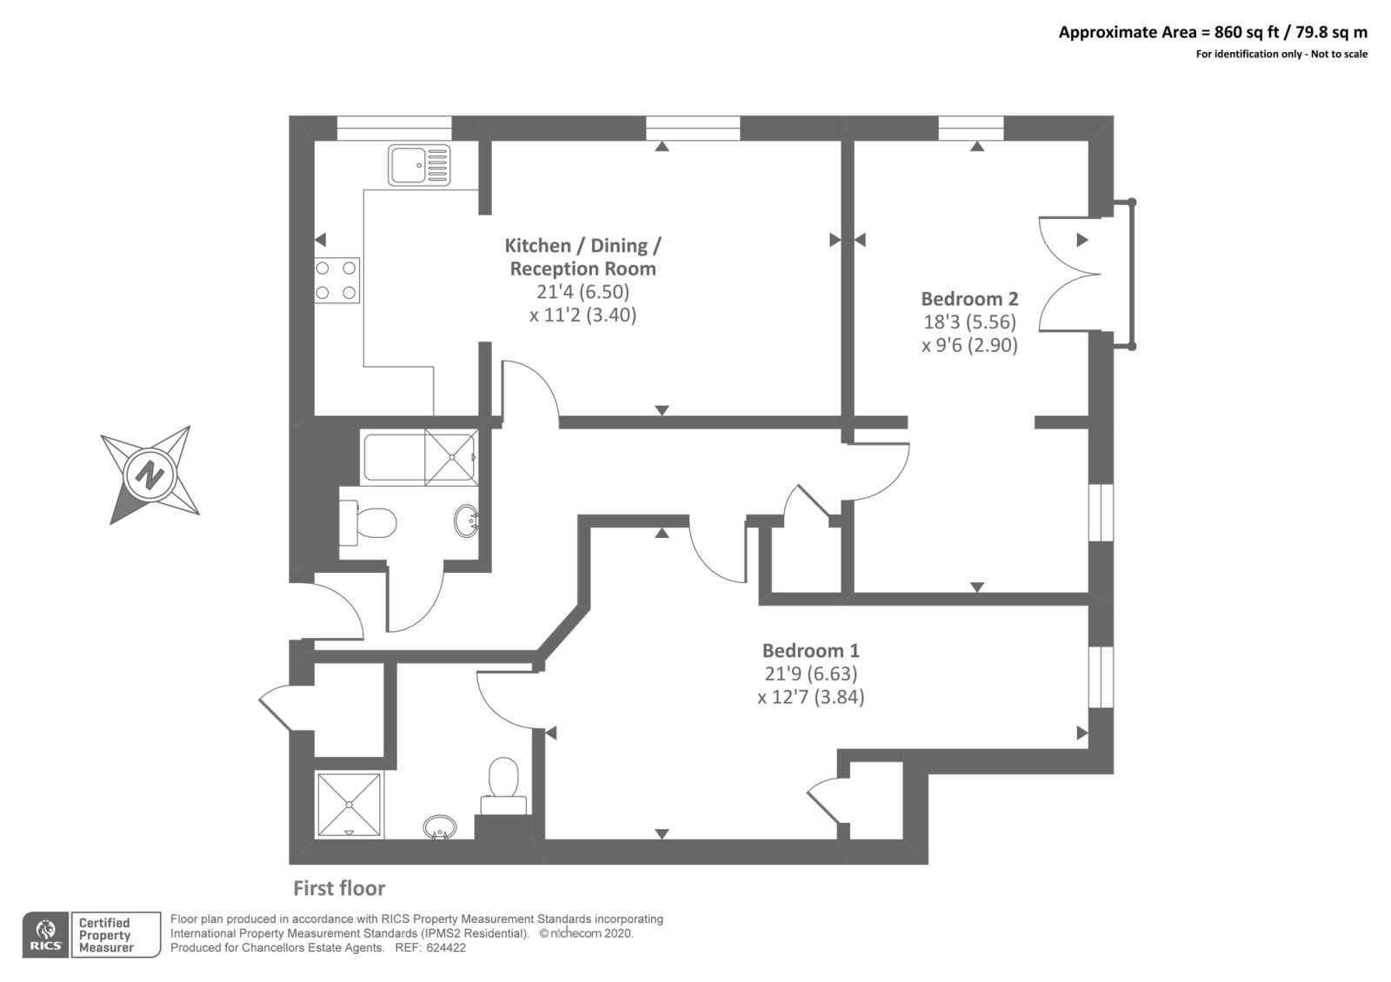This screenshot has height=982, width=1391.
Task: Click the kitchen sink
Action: pos(419,165)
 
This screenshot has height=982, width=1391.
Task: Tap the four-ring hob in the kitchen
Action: pos(336,280)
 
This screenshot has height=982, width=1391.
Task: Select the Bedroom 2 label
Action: pos(969,299)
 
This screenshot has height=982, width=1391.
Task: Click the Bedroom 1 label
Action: pos(810,651)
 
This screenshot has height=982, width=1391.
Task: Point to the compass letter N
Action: pos(150,476)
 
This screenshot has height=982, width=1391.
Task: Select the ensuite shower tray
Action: pos(349,805)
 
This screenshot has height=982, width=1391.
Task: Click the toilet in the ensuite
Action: pos(503,786)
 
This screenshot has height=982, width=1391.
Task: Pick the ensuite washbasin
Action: pos(440,826)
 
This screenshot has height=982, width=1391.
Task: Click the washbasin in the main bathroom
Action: pos(466,521)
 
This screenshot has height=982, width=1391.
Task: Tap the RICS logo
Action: pos(45,935)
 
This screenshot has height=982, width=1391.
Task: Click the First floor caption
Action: pos(339,888)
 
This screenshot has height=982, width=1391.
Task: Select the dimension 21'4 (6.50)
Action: pos(582,292)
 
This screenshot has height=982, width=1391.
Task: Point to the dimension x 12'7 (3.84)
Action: pos(810,697)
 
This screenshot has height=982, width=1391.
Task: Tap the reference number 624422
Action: pos(446,948)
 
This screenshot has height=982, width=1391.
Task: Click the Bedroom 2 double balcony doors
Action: pos(1070,274)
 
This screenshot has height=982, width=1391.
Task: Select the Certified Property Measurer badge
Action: pos(116,935)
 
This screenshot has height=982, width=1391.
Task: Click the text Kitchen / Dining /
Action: pos(582,246)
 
